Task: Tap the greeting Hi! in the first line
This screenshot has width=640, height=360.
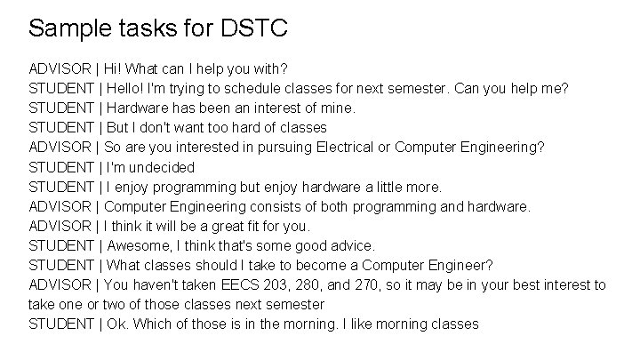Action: click(x=115, y=68)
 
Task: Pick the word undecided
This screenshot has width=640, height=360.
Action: click(x=162, y=166)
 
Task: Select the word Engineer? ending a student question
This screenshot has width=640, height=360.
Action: click(x=461, y=264)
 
